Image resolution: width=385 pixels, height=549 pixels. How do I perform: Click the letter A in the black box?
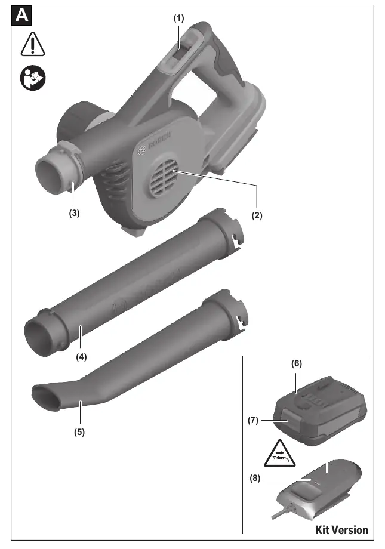[21, 16]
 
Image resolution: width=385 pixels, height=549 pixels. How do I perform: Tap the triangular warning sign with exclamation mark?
[33, 45]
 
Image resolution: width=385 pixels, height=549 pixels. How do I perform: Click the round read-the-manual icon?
[33, 78]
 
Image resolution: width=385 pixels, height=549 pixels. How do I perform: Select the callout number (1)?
[178, 18]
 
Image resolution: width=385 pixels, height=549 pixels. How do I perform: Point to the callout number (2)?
[257, 215]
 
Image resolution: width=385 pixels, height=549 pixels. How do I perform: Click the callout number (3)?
[74, 213]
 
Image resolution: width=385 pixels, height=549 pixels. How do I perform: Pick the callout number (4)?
[81, 357]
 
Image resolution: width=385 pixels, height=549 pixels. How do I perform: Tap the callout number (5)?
[79, 432]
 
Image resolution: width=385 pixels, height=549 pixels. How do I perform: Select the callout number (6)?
[297, 363]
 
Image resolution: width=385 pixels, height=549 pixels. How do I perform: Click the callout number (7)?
[253, 420]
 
